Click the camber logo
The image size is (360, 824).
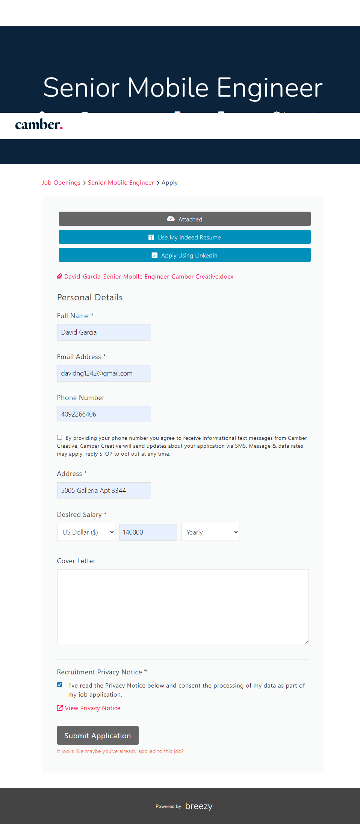(x=39, y=124)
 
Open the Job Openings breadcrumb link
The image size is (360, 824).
(x=61, y=183)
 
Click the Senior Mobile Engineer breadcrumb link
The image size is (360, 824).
(x=121, y=183)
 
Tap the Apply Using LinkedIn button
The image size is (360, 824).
(x=185, y=255)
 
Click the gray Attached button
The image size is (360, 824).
(x=185, y=219)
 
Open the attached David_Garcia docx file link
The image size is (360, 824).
(x=148, y=277)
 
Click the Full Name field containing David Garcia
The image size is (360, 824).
(x=104, y=332)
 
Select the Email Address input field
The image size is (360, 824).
(x=104, y=373)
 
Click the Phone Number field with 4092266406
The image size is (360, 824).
(x=104, y=414)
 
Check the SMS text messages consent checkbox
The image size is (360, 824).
(x=59, y=438)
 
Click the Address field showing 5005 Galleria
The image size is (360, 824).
(x=104, y=491)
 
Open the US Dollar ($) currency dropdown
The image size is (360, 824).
(x=86, y=532)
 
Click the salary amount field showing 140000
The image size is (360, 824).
(x=148, y=532)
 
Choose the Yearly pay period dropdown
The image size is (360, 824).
(x=210, y=532)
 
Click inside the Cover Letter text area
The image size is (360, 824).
(x=183, y=606)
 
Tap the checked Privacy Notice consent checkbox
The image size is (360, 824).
(x=59, y=685)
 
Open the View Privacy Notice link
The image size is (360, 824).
(x=92, y=708)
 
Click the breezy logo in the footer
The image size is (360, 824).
(x=199, y=806)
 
